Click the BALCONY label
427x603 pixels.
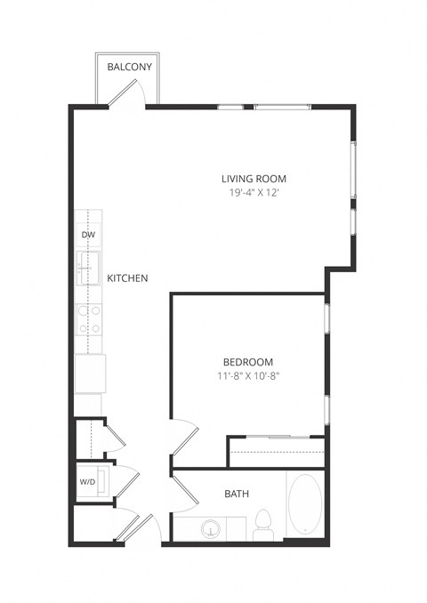click(129, 68)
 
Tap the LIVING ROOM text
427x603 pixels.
click(254, 178)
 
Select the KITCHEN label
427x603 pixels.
click(127, 278)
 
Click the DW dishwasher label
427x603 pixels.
click(88, 235)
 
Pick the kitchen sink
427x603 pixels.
click(88, 265)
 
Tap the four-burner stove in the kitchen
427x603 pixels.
click(88, 318)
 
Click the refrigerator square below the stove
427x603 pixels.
click(89, 373)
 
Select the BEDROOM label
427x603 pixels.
click(247, 362)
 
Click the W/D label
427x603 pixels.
click(87, 483)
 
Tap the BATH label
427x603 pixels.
click(237, 494)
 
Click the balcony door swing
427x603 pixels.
click(133, 93)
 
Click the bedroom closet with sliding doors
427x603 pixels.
click(276, 452)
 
